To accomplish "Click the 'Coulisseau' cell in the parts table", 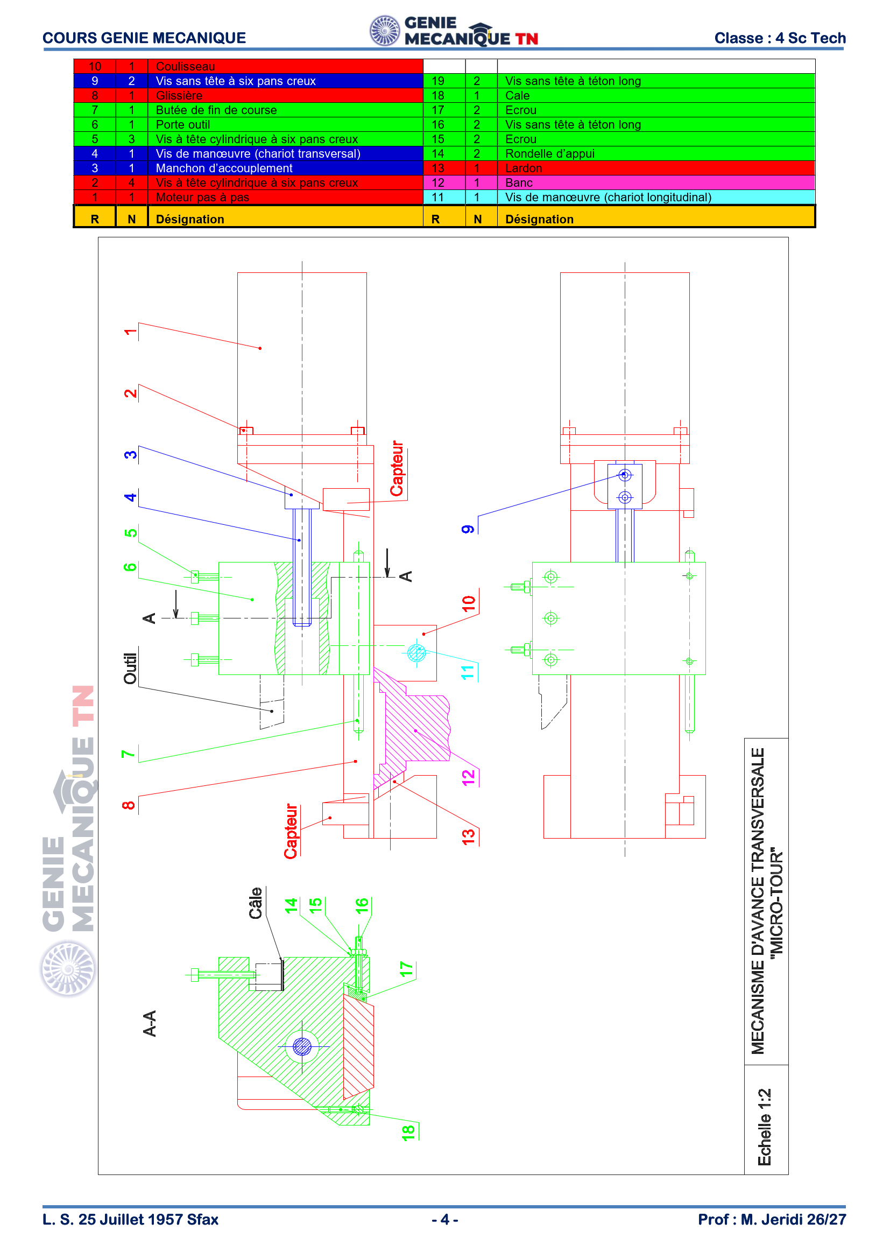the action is tap(185, 66).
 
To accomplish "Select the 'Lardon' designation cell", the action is tap(524, 168).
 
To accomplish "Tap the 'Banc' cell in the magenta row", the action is tap(518, 182).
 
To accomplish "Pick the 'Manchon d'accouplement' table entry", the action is tap(224, 168).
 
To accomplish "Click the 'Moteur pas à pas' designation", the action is tap(202, 198).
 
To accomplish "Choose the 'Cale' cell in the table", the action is tap(517, 95).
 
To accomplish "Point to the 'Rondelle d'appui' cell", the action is tap(550, 153).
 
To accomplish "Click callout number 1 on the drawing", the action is tap(130, 332).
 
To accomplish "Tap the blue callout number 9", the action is tap(468, 529).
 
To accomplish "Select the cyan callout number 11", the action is tap(468, 672).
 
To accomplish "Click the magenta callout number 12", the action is tap(468, 778).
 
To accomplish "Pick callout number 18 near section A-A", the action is tap(408, 1133).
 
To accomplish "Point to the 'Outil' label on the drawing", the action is tap(130, 669).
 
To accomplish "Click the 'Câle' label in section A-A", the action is tap(256, 903).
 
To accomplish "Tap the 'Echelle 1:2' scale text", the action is tap(765, 1128).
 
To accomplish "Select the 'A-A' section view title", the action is tap(150, 1023).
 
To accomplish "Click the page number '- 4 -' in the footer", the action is tap(445, 1220).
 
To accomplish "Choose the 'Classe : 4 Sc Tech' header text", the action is tap(780, 38).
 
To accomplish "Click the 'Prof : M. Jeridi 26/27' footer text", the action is tap(772, 1220).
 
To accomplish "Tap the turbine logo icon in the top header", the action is tap(385, 31).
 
